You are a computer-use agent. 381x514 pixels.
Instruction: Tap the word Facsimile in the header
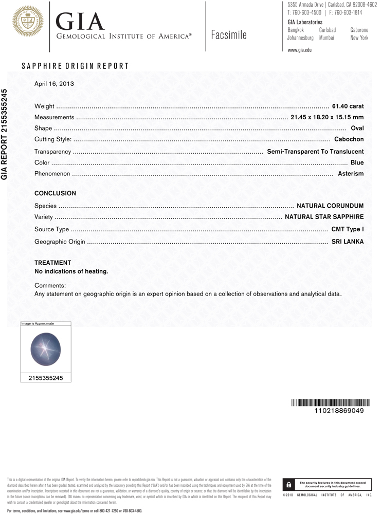pos(229,35)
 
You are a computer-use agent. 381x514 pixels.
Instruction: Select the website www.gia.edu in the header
pos(299,50)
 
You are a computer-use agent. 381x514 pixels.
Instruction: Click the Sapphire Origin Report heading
pos(75,66)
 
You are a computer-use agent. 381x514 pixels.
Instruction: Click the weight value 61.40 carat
pos(348,106)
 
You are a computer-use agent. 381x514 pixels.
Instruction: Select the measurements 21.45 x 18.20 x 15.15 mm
pos(327,117)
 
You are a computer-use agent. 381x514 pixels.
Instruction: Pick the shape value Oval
pos(357,128)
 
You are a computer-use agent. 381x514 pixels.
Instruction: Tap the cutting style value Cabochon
pos(349,139)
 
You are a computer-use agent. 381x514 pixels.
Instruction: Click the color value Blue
pos(357,162)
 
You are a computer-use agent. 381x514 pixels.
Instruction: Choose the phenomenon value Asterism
pos(351,174)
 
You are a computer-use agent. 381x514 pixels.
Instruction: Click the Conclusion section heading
pos(55,193)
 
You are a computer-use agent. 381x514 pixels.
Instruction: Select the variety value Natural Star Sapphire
pos(324,217)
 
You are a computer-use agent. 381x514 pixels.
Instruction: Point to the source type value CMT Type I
pos(347,229)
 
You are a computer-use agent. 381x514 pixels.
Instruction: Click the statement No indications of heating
pos(71,271)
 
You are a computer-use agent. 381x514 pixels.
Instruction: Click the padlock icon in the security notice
pos(289,485)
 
